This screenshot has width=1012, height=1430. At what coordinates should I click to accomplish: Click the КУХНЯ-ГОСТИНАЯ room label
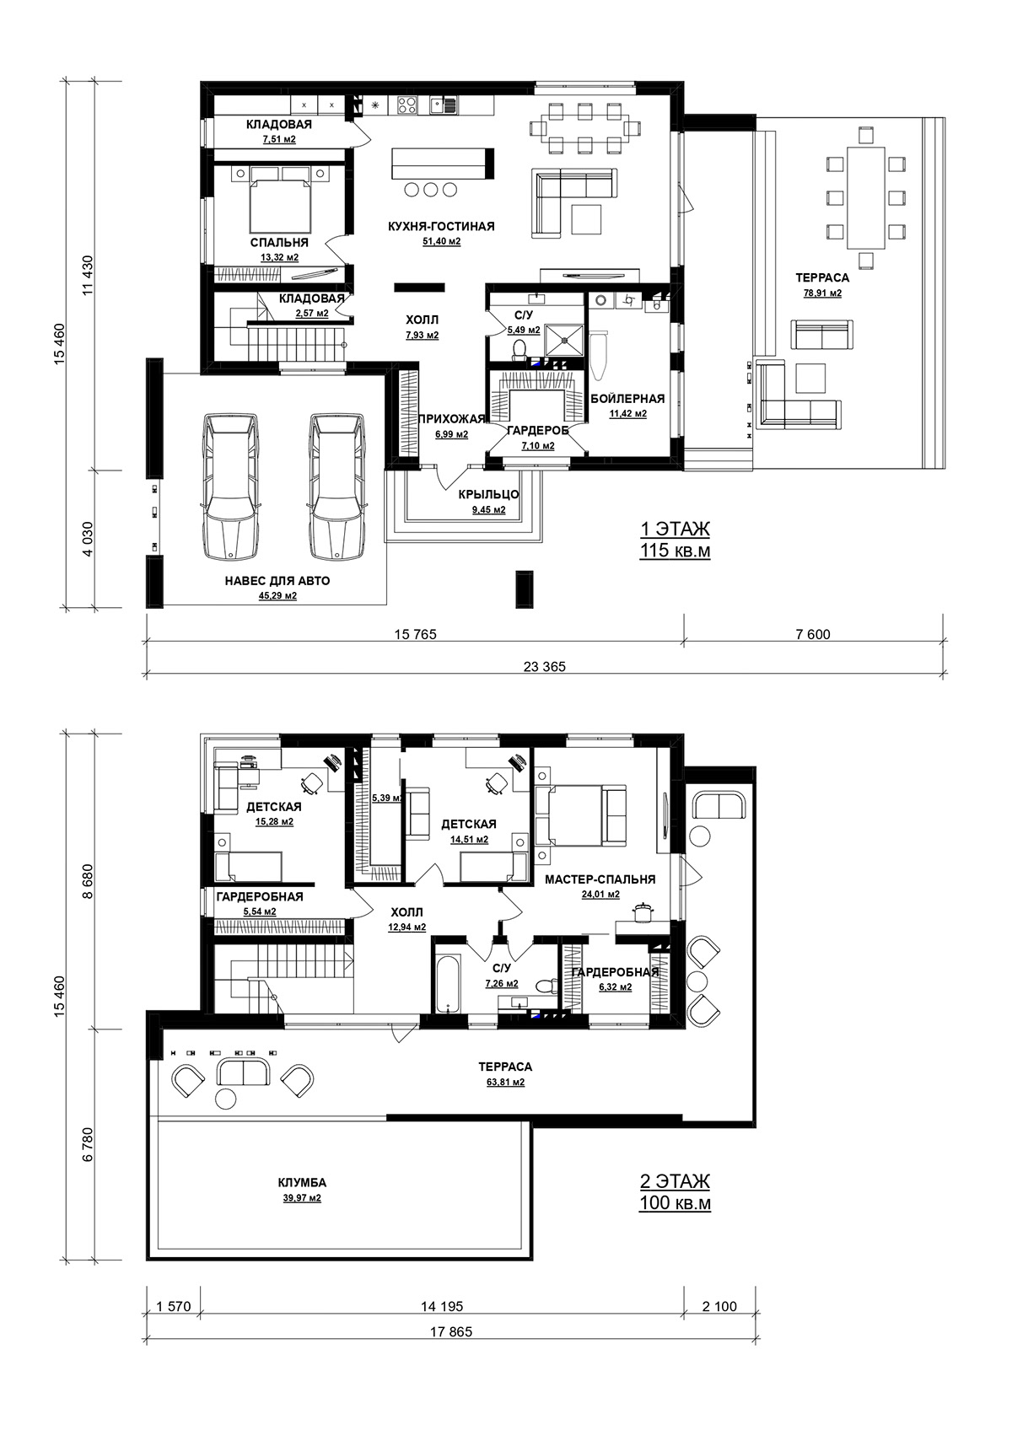pos(441,227)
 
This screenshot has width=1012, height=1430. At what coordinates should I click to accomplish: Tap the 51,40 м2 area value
pos(441,242)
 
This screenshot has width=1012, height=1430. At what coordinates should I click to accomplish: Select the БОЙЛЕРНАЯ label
pos(627,399)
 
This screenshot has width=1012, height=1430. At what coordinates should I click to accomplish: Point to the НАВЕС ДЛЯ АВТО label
pos(277,581)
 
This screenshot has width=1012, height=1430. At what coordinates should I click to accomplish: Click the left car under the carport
pos(231,487)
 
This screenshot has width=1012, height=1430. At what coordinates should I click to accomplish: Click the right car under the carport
pos(337,487)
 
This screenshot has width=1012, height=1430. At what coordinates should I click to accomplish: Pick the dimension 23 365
pos(545,667)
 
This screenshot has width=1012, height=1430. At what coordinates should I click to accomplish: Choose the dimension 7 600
pos(814,635)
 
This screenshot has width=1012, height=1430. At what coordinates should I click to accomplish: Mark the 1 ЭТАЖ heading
pos(675,530)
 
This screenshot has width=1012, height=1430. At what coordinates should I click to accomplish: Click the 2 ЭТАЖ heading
pos(675,1181)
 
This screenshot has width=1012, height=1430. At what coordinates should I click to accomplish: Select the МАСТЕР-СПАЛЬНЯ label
pos(600,879)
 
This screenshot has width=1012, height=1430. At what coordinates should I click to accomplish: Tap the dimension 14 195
pos(442,1307)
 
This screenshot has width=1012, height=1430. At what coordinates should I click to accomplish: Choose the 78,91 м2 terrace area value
pos(822,293)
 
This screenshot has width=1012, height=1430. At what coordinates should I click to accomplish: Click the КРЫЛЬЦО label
pos(488,495)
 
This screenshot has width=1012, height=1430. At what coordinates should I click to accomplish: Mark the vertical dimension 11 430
pos(87,275)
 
